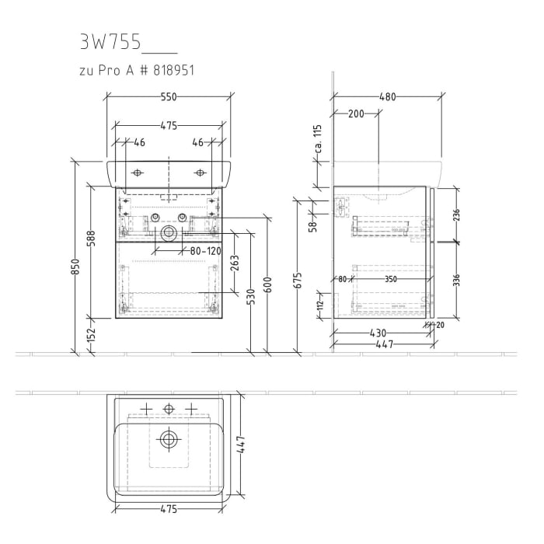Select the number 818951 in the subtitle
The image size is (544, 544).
pos(170,70)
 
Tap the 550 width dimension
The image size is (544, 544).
pos(169,96)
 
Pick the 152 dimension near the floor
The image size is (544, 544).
pos(91,335)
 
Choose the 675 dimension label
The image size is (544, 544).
pos(298,280)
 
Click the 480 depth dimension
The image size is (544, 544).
pos(387,96)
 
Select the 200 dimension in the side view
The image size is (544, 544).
pos(356,113)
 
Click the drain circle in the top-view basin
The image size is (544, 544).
pos(168,439)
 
